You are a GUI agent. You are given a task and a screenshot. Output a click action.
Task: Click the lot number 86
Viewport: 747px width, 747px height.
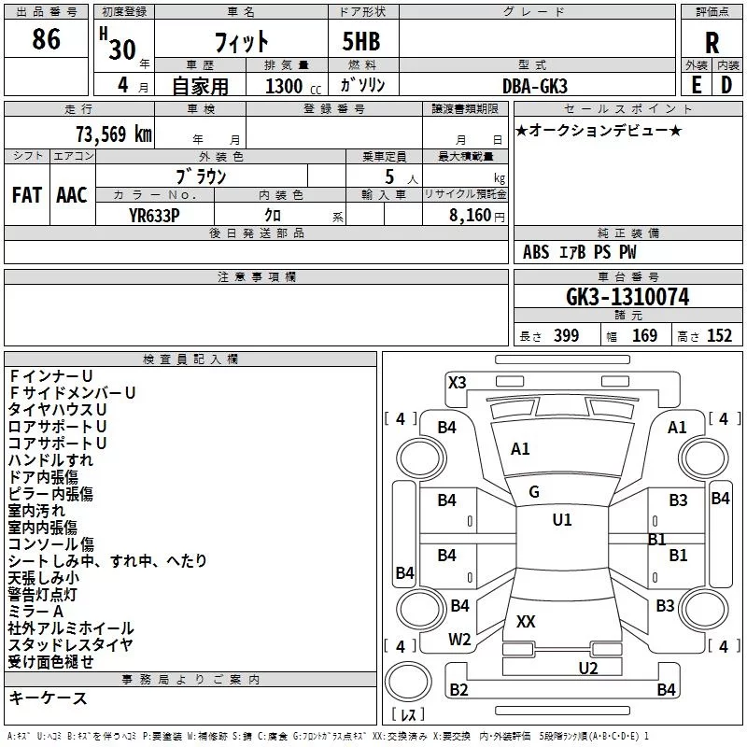46,40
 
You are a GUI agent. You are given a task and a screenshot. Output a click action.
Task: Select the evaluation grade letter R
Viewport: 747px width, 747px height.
712,43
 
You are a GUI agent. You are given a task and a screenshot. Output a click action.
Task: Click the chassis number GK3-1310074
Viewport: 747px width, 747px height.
627,297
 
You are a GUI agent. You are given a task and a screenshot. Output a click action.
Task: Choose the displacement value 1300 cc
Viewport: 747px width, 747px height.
287,86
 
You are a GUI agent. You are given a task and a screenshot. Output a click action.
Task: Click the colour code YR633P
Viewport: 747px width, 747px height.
155,215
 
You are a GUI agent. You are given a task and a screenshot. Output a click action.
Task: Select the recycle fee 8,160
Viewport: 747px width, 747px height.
471,215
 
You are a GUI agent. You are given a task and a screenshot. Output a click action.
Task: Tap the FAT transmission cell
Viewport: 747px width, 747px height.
26,195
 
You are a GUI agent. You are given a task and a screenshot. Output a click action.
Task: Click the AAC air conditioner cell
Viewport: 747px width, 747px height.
71,195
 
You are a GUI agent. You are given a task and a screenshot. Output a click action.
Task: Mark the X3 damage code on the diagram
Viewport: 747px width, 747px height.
457,382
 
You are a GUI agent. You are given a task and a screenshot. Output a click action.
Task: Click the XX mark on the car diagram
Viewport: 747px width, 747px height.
526,621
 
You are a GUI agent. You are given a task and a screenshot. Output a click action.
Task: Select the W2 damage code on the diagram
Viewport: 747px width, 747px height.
459,640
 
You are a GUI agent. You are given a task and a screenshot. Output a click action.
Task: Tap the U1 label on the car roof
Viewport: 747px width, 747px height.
561,520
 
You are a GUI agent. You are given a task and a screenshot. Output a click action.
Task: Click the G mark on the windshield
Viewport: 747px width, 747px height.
534,492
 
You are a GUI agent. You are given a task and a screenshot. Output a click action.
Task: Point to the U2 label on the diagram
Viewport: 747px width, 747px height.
587,668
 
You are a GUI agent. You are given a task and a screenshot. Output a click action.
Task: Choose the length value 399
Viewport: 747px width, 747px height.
566,336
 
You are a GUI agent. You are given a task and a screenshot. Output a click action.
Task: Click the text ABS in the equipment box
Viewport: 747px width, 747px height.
536,252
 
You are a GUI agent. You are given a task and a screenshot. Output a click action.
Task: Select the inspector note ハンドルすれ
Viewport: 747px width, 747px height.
50,460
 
